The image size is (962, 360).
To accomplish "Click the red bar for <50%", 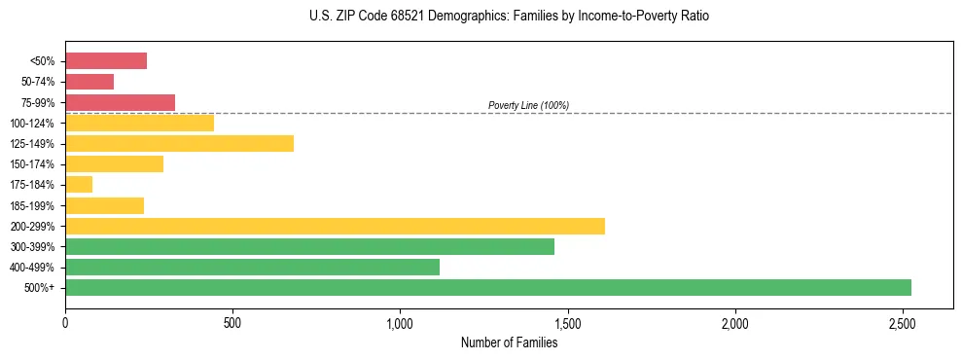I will pos(106,61).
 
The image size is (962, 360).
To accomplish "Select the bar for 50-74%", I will pos(89,82).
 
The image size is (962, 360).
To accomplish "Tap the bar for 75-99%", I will pos(120,102).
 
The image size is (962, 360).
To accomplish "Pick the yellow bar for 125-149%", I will pos(179,144).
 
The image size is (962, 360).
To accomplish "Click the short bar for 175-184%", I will pos(79,185).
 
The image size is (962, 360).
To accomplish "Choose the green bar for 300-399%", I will pos(309,247).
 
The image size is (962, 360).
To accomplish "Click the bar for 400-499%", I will pos(252,268).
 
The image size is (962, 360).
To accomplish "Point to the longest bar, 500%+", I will pos(487,288).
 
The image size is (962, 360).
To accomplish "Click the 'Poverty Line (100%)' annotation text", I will pos(528,105).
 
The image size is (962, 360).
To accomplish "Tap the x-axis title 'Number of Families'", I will pos(509,342).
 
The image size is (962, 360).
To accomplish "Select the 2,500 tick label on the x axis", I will pos(903,323).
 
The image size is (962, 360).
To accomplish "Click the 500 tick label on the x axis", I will pos(232,323).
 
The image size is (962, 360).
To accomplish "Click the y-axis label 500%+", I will pos(40,288).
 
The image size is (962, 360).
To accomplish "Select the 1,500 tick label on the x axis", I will pos(567,323).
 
